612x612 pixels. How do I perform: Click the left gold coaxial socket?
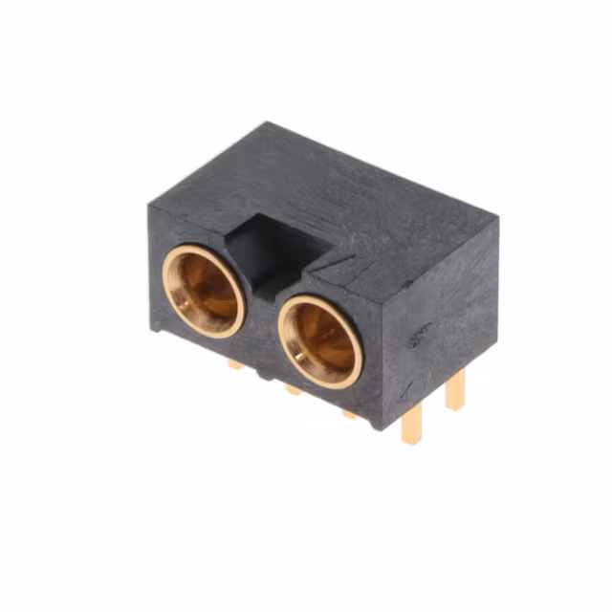203,291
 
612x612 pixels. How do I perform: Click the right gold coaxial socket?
320,340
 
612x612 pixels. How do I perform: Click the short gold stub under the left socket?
235,363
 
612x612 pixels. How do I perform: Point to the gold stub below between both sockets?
293,388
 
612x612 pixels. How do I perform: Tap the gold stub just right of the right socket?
350,413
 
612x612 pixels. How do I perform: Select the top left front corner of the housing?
149,204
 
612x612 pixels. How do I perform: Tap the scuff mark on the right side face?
418,334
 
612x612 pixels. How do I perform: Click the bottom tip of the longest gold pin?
412,442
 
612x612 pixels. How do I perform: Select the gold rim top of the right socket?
321,300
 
